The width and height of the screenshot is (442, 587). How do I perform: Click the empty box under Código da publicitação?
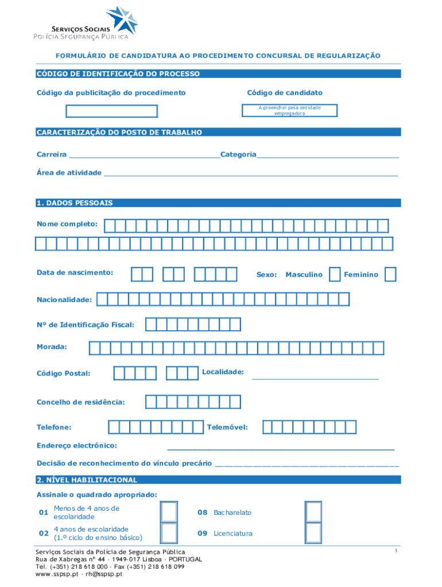point(111,111)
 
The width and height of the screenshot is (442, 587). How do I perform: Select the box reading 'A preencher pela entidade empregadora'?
point(289,111)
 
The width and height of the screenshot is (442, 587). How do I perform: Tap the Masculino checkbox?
point(335,275)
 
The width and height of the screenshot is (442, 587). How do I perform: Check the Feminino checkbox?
point(390,275)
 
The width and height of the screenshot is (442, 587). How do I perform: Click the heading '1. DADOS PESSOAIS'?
point(75,203)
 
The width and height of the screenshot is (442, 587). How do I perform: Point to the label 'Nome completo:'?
point(67,224)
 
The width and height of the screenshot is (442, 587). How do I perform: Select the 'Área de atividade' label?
point(69,173)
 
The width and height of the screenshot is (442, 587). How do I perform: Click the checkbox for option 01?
point(169,512)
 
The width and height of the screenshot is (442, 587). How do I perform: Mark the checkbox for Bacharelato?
point(313,512)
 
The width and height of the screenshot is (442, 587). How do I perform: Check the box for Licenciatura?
point(313,533)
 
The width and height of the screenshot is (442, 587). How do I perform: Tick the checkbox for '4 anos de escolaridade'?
point(169,533)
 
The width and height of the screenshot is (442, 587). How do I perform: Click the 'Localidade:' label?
point(223,372)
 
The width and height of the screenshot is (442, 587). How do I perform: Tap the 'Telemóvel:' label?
point(227,427)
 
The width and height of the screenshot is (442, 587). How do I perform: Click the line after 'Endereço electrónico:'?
point(281,447)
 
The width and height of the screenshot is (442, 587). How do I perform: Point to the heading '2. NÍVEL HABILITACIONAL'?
point(87,480)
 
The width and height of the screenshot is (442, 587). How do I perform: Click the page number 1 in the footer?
point(396,551)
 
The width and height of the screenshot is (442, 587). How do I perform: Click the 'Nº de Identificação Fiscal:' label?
point(86,325)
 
